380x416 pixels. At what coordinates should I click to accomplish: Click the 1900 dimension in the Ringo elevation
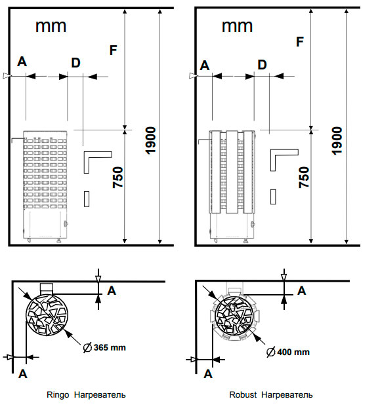(x=150, y=140)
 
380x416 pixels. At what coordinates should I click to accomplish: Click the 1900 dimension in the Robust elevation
(x=337, y=141)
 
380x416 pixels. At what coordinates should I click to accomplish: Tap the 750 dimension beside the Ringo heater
(x=118, y=178)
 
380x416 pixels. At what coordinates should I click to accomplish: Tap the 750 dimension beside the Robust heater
(x=305, y=178)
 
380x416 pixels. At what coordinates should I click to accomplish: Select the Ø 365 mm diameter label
(x=104, y=347)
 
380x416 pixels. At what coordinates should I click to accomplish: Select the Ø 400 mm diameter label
(x=288, y=352)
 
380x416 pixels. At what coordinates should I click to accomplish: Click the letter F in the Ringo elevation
(x=114, y=50)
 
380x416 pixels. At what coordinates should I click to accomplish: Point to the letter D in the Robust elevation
(x=262, y=65)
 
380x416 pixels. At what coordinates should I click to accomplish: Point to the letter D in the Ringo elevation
(x=75, y=63)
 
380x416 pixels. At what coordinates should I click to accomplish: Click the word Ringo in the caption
(x=58, y=395)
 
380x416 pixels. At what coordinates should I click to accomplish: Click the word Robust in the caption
(x=243, y=395)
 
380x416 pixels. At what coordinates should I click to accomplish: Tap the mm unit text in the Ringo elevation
(x=51, y=26)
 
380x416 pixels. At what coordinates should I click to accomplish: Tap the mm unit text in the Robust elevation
(x=237, y=26)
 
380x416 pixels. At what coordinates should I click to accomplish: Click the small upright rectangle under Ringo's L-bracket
(x=87, y=199)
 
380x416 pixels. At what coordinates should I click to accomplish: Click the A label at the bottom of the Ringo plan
(x=23, y=374)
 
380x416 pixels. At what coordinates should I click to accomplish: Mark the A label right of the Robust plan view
(x=302, y=291)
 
